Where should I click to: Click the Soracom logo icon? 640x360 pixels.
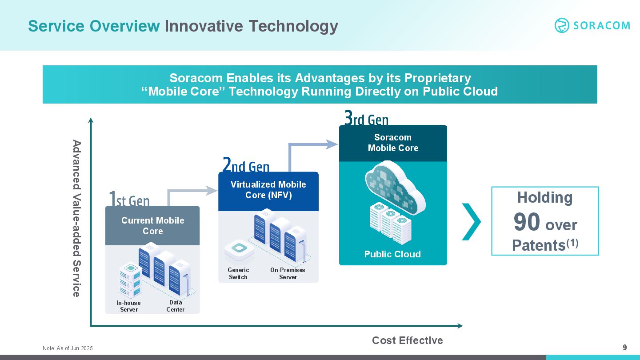click(x=562, y=25)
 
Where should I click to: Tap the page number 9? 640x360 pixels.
click(x=624, y=348)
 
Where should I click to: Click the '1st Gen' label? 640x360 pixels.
click(x=129, y=199)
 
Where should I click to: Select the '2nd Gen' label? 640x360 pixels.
click(x=246, y=164)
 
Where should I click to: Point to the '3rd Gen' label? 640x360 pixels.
click(x=366, y=118)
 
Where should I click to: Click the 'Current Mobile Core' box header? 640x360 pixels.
click(x=152, y=225)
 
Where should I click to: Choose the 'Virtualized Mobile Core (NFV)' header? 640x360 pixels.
click(x=268, y=191)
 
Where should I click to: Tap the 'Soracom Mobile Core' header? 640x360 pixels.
click(x=393, y=143)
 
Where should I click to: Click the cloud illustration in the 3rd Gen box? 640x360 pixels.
click(x=395, y=187)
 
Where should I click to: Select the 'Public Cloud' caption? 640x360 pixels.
click(x=392, y=254)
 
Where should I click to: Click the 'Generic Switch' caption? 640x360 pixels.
click(x=238, y=273)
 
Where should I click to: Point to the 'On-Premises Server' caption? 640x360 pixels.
click(x=288, y=273)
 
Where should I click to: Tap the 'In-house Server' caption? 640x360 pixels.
click(x=129, y=306)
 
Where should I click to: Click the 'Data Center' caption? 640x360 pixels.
click(x=176, y=306)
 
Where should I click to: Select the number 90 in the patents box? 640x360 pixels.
click(x=527, y=222)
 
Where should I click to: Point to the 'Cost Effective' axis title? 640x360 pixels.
click(x=408, y=340)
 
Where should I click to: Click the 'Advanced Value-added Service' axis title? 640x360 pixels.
click(x=76, y=218)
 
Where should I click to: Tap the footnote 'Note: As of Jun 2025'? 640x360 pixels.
click(x=68, y=348)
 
